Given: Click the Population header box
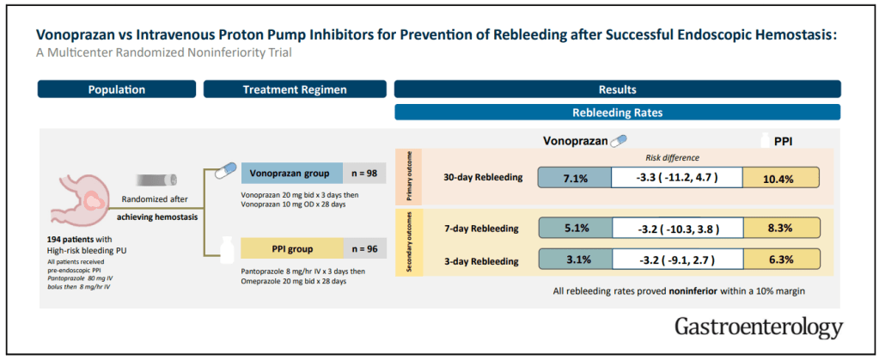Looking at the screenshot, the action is click(x=117, y=89).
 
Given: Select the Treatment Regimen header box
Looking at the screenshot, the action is click(x=295, y=89).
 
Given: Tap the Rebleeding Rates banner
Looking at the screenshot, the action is click(x=618, y=113).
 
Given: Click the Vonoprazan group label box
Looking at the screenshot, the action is click(x=292, y=174).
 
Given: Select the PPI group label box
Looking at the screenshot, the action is click(x=292, y=248).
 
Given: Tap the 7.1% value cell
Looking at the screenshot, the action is click(x=575, y=178).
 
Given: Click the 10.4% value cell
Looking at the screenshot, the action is click(x=781, y=178).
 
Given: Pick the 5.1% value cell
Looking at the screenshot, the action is click(x=575, y=229).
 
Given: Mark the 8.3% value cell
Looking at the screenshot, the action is click(x=781, y=229).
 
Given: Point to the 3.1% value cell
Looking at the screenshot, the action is click(x=575, y=260).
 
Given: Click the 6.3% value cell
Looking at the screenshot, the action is click(x=781, y=260).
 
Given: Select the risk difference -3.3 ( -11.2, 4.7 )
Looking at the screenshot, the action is click(x=676, y=178).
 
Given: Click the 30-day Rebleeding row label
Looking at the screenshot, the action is click(x=482, y=178).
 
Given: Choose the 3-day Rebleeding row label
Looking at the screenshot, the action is click(x=484, y=261).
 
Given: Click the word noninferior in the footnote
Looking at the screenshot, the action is click(x=691, y=291).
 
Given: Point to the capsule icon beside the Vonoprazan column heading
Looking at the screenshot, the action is click(x=618, y=141).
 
